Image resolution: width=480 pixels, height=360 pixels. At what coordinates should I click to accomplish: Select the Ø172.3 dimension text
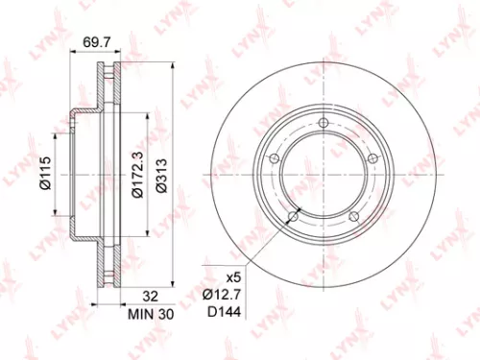point(136,176)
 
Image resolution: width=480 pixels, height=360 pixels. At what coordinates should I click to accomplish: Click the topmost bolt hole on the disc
point(324,122)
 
